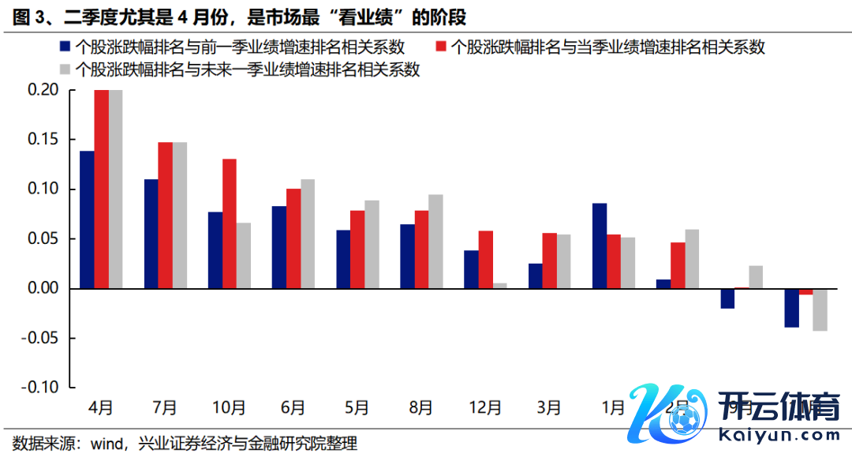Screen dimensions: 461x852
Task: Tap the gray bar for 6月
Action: pyautogui.click(x=307, y=234)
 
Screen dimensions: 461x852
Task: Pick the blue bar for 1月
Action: pyautogui.click(x=600, y=245)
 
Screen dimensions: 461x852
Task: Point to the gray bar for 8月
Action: pyautogui.click(x=435, y=242)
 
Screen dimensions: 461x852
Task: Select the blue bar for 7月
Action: pyautogui.click(x=151, y=234)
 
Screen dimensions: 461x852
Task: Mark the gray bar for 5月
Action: pyautogui.click(x=372, y=245)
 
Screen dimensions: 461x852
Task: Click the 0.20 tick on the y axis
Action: pyautogui.click(x=43, y=90)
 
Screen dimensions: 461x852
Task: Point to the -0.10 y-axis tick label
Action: pyautogui.click(x=39, y=388)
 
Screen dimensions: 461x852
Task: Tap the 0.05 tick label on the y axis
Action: pyautogui.click(x=43, y=239)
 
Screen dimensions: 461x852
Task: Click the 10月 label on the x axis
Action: pyautogui.click(x=229, y=408)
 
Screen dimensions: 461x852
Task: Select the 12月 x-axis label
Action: pyautogui.click(x=485, y=408)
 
